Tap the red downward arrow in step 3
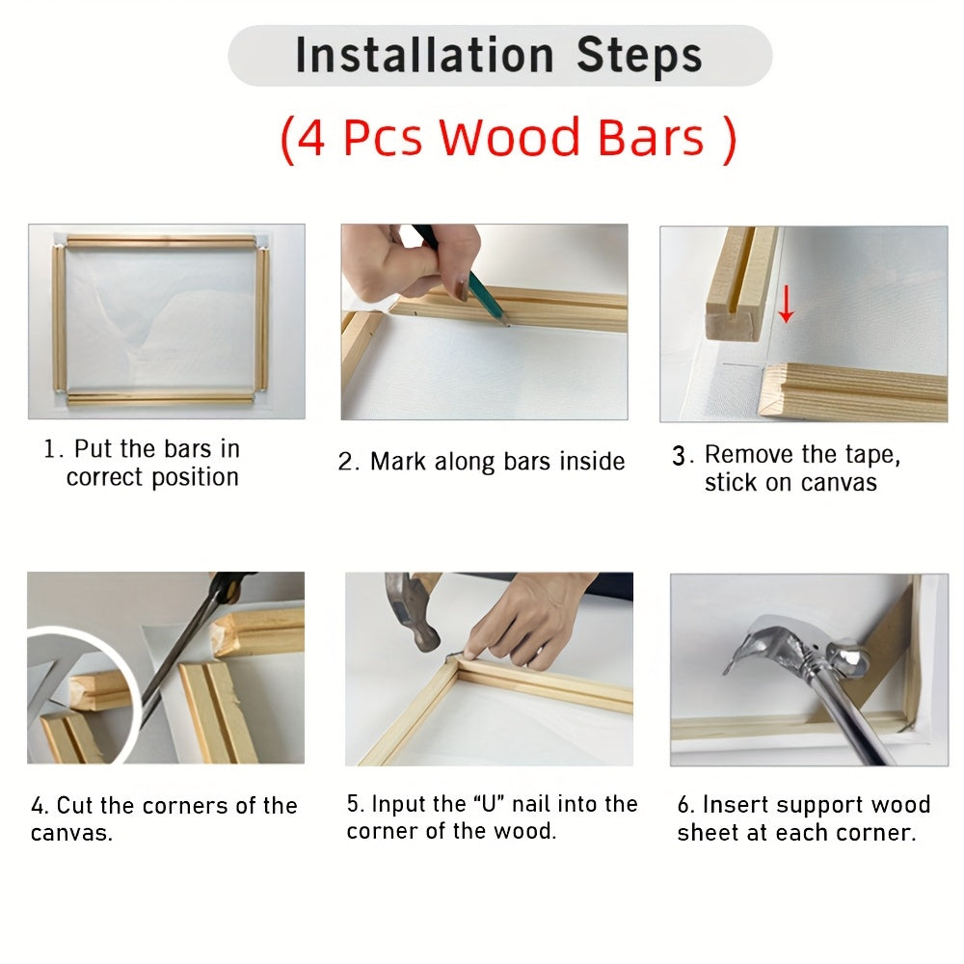786,305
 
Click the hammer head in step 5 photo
413,612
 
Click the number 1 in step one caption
50,449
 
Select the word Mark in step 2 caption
397,462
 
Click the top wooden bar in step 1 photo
161,241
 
